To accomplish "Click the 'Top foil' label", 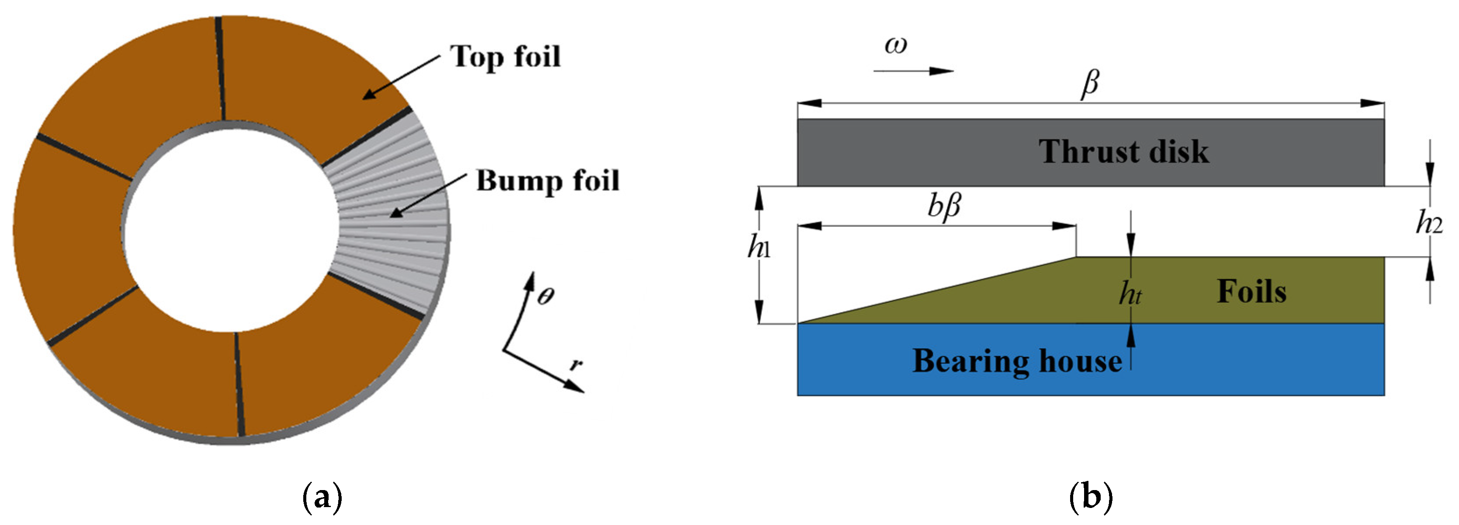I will click(505, 57).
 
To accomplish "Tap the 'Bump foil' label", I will click(547, 181).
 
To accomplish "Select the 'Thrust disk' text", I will click(1123, 152).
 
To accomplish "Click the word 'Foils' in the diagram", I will click(1252, 292).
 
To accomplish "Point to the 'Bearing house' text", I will click(1017, 361).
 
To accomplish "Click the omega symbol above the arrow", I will click(896, 45).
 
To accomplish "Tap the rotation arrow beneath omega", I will click(913, 71).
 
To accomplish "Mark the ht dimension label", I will click(1130, 294).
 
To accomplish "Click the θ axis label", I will click(545, 296).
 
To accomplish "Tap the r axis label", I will click(576, 364).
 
